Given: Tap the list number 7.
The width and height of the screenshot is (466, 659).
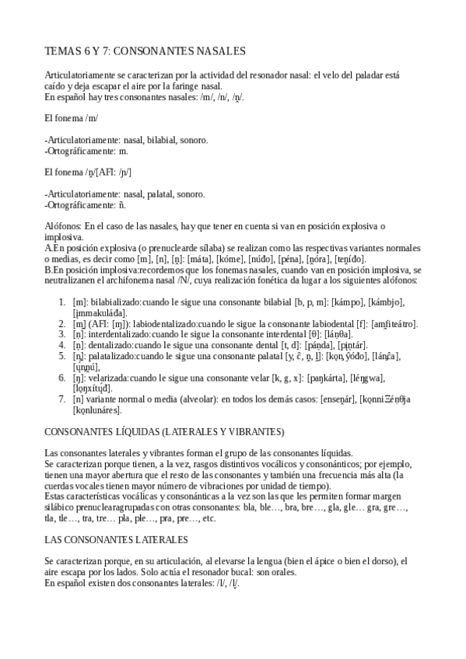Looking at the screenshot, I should [x=62, y=399].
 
